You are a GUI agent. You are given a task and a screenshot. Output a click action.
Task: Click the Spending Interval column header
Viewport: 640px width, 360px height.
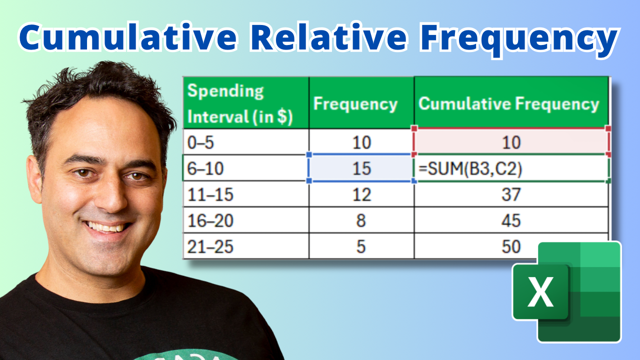coord(246,103)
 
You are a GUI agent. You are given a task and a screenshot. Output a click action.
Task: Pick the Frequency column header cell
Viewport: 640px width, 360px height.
coord(361,103)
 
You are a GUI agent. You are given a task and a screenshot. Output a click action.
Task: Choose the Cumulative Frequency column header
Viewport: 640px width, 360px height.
coord(511,103)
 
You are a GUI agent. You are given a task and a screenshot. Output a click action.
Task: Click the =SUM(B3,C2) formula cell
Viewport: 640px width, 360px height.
coord(511,168)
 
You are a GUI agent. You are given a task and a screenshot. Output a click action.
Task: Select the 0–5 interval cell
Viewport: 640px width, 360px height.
coord(246,142)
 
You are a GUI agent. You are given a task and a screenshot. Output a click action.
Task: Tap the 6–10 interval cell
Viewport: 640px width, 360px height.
coord(246,168)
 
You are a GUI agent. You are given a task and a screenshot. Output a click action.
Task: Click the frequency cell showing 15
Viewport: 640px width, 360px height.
coord(361,168)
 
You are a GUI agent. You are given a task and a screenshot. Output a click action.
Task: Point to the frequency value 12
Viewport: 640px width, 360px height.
coord(361,194)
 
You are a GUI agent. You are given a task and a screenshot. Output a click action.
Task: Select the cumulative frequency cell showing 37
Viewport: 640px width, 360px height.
coord(511,194)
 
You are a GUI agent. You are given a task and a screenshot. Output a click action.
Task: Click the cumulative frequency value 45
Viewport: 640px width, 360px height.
coord(511,220)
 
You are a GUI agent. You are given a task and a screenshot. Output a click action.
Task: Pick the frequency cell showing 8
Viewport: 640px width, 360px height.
coord(361,220)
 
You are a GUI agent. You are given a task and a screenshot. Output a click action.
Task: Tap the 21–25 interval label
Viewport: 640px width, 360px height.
coord(210,247)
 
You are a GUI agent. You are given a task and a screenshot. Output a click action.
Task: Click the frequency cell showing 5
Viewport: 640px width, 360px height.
coord(361,246)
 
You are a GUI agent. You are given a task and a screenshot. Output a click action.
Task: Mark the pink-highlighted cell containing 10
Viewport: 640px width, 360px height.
coord(511,142)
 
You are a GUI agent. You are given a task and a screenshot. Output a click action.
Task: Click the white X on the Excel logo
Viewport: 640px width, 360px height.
coord(540,292)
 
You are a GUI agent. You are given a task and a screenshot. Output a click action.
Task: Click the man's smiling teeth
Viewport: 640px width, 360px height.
coord(106,227)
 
